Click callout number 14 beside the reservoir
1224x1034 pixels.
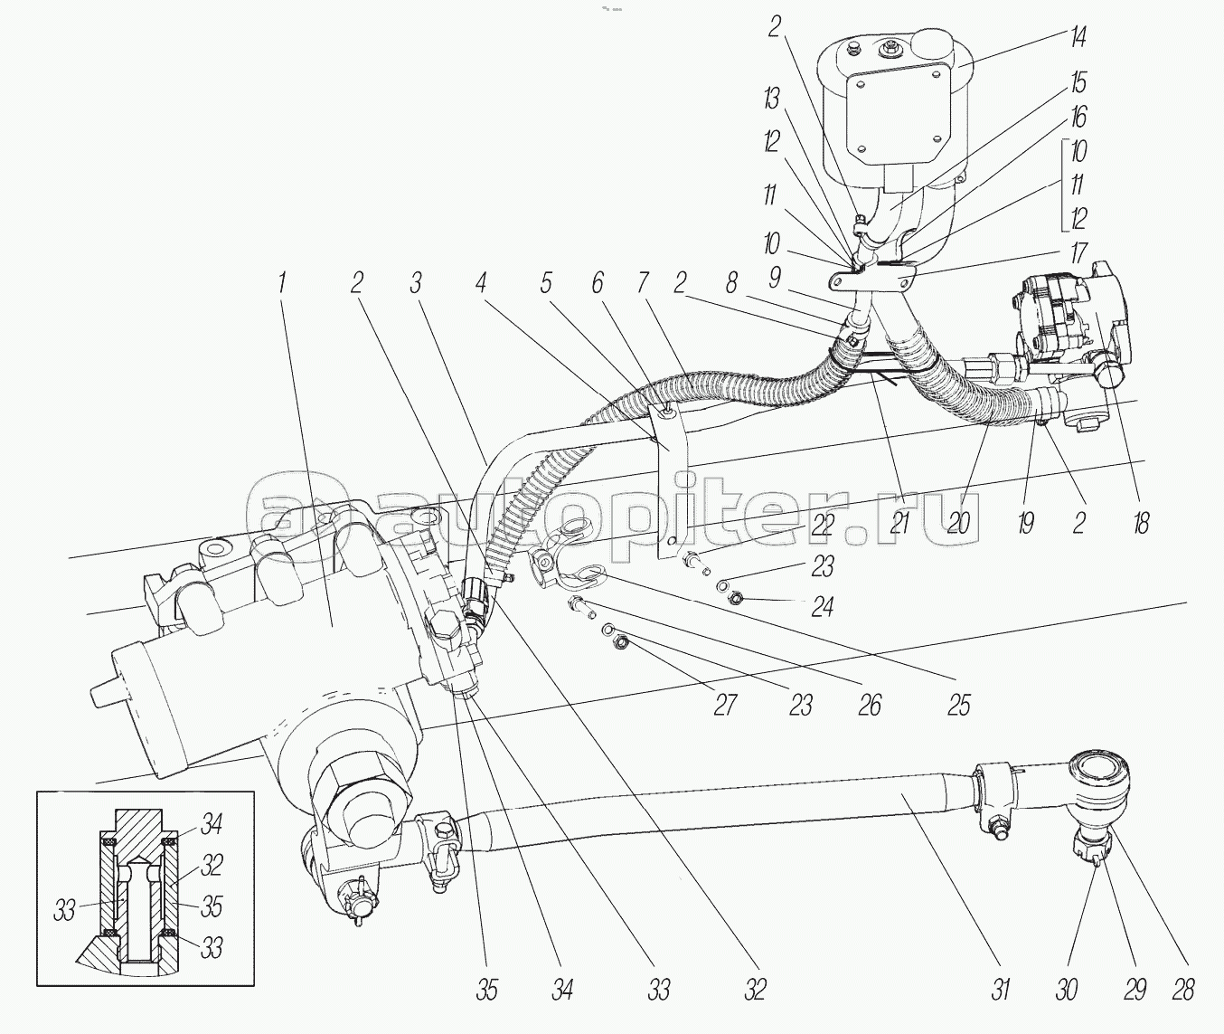[x=1076, y=37]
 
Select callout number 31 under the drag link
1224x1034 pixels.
[x=999, y=990]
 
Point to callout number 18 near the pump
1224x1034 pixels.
[x=1141, y=522]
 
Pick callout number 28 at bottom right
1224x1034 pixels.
[x=1182, y=990]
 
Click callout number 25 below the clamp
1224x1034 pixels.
[x=958, y=704]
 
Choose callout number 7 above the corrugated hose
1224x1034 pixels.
[x=643, y=283]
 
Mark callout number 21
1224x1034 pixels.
[x=898, y=522]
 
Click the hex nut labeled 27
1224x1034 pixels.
[x=620, y=642]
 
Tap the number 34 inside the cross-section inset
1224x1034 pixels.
[x=212, y=825]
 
